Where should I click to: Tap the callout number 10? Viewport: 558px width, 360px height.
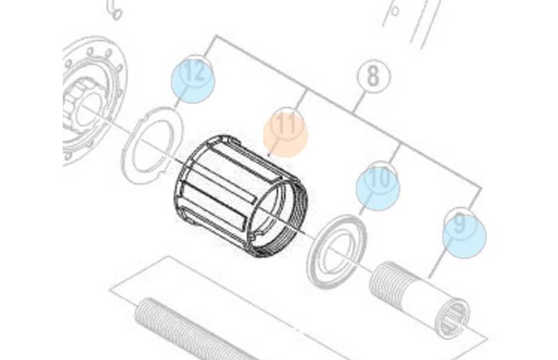[x=380, y=178]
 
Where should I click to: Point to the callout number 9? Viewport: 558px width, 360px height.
[x=460, y=223]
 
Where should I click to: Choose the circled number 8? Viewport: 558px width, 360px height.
[x=373, y=76]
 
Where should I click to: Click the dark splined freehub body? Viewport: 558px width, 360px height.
[x=241, y=195]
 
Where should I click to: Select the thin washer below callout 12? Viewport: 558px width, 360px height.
[x=152, y=145]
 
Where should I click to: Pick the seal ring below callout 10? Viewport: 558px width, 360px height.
[x=336, y=251]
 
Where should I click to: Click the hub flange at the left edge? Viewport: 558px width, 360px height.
[x=93, y=100]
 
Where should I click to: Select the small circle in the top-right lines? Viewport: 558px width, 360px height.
[x=394, y=11]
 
